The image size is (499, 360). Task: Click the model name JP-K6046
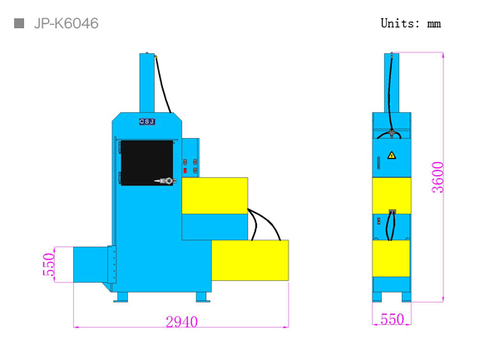tap(67, 23)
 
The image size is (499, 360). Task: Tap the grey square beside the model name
tap(19, 23)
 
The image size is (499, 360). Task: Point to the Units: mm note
tap(411, 23)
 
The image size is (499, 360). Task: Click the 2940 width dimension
tap(181, 322)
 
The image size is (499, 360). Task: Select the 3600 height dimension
tap(437, 177)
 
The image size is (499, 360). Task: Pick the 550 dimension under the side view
tap(392, 319)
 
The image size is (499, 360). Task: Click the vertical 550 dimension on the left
tap(49, 264)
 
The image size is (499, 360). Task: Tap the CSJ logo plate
tap(147, 121)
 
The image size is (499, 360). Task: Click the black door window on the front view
tap(147, 163)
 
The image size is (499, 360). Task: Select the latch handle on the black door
tap(166, 181)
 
